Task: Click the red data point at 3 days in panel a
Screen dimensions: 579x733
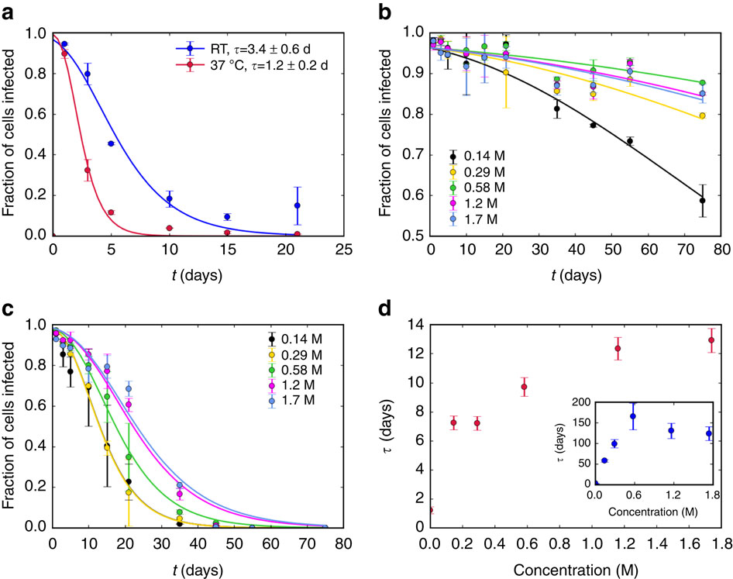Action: pos(88,170)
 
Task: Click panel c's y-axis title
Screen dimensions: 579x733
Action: pos(12,425)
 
